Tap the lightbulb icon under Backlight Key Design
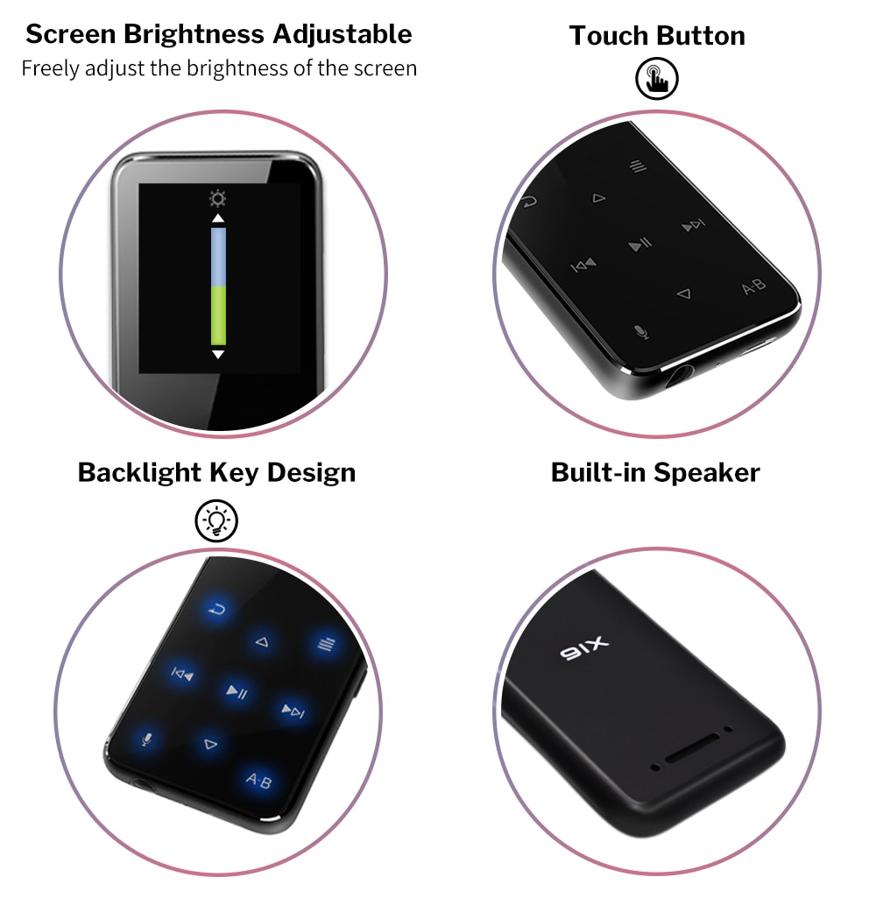pos(215,520)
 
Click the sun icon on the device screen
pos(218,198)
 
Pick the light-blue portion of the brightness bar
pos(218,256)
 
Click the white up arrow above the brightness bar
pos(218,218)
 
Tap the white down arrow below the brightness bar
pos(218,354)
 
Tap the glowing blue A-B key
pos(259,779)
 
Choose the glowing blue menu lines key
pos(325,646)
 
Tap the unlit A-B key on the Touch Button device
pos(753,286)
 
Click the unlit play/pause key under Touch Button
pos(640,244)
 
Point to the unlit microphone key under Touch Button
pos(641,332)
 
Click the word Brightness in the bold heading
pos(197,34)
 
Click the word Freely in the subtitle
pos(51,67)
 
